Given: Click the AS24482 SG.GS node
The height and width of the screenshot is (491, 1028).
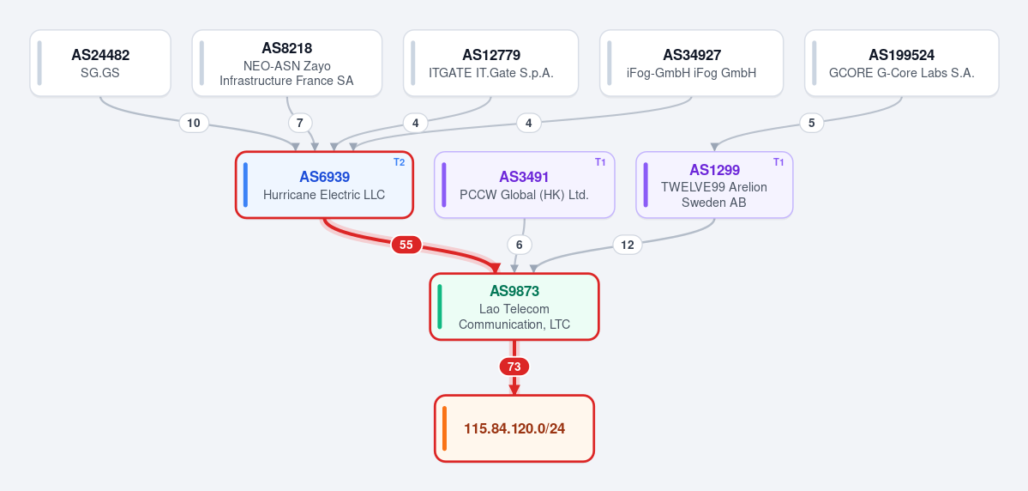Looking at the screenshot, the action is coord(100,63).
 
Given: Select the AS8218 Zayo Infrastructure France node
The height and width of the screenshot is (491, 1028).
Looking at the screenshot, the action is coord(287,63).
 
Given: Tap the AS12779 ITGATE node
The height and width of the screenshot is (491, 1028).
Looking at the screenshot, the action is coord(491,63).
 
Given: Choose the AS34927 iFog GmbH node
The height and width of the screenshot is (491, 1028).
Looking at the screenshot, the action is coord(692,63).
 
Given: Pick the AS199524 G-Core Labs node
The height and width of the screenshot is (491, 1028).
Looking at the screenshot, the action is coord(901,63).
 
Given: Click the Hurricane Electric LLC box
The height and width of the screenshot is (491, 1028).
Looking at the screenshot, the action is coord(325,185).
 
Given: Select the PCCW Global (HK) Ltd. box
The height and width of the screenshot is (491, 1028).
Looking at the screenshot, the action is coord(525,185).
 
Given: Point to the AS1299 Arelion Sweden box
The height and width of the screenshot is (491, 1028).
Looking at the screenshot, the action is coord(714,185).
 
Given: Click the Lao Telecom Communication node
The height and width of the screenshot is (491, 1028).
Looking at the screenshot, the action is coord(514,306).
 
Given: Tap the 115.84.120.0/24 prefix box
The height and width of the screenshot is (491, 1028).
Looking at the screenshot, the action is coord(514,428).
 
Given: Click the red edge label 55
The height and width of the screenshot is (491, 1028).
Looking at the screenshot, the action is coord(406,245).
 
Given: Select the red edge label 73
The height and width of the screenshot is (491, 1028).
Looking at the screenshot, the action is coord(514,367).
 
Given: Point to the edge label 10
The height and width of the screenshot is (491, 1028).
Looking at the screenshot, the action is coord(194,123).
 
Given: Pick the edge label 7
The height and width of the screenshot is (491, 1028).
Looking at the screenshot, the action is coord(300,123).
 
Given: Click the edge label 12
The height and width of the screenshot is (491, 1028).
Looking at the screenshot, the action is coord(628,245).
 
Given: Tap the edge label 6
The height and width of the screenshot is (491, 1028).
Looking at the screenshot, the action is coord(520,245).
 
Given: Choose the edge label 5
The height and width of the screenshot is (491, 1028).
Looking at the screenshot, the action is coord(812,123).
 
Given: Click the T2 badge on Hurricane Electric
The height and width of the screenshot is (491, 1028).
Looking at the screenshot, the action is coord(400,162).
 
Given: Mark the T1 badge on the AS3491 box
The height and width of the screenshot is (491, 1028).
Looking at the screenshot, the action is coord(600,162).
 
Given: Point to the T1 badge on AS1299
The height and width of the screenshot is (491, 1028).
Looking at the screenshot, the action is coord(779,162).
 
